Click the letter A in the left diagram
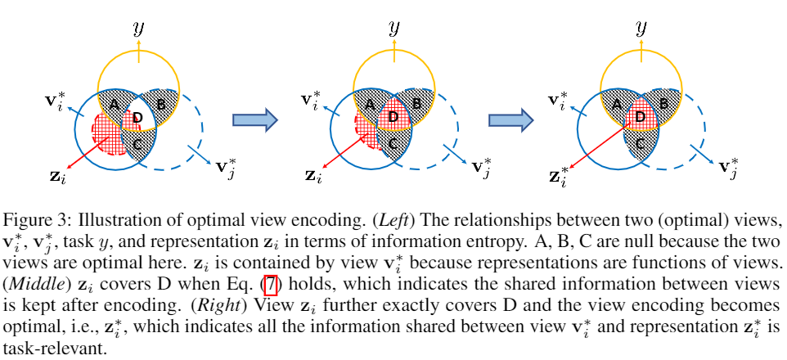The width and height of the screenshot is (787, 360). tap(114, 105)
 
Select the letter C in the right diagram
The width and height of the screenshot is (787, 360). tap(640, 144)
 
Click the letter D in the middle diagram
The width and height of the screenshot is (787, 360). tap(393, 117)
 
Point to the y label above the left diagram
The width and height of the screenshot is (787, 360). tap(138, 29)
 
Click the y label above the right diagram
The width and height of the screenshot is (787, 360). tap(641, 29)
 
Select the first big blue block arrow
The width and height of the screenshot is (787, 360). tap(255, 119)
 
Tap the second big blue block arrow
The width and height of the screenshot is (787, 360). tap(511, 119)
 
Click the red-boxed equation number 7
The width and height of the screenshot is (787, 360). tap(271, 286)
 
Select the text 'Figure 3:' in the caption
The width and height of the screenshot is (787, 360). tap(32, 220)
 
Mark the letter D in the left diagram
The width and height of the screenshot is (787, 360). tap(138, 119)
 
